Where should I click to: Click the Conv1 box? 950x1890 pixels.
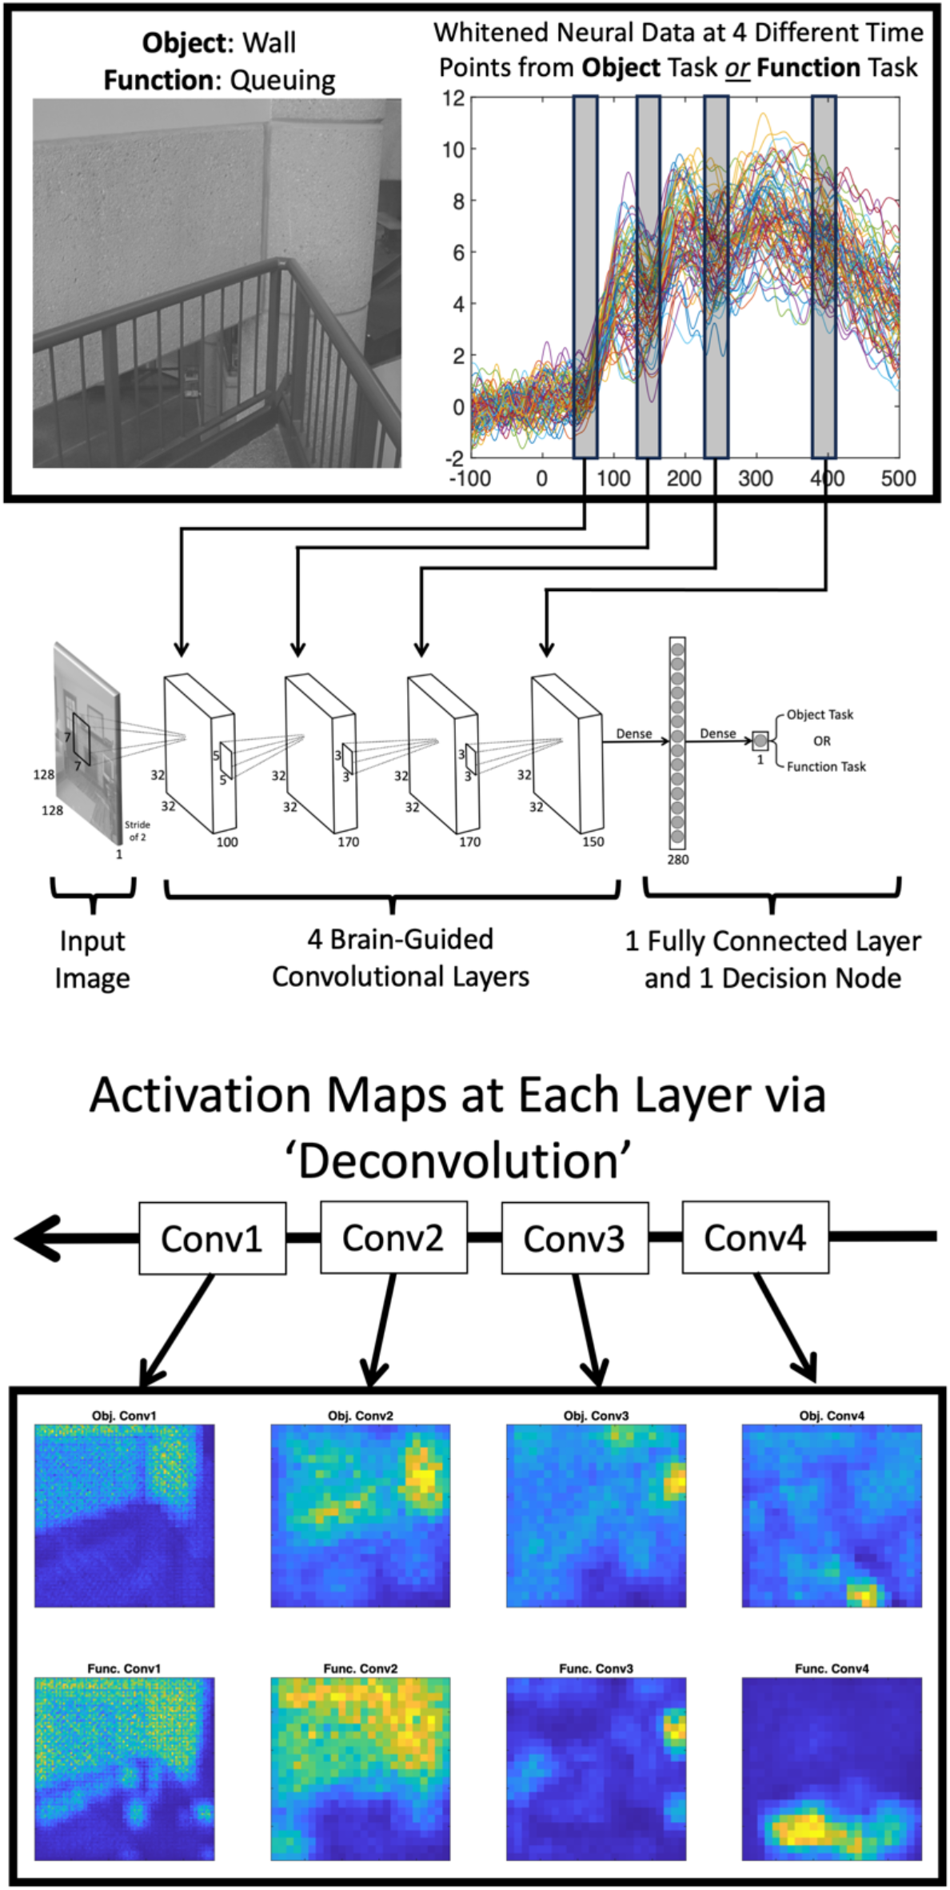click(212, 1238)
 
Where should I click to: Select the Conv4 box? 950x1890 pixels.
click(755, 1237)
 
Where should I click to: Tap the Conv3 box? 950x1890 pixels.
click(574, 1238)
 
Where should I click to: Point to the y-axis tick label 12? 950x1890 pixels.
click(453, 98)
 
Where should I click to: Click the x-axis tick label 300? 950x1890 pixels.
click(755, 478)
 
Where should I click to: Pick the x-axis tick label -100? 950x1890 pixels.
click(470, 478)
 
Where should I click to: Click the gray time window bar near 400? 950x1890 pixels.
click(824, 276)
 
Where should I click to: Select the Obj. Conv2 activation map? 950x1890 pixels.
click(360, 1515)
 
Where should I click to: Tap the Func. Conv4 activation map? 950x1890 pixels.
click(832, 1768)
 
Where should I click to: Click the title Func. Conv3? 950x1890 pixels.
click(596, 1668)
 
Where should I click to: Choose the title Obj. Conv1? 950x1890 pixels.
click(124, 1416)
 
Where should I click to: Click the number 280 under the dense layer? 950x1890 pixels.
click(677, 860)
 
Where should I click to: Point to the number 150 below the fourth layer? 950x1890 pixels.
click(593, 841)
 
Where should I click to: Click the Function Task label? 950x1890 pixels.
click(825, 766)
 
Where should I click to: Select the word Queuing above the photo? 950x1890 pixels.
click(282, 80)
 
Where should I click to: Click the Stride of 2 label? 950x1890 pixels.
click(137, 830)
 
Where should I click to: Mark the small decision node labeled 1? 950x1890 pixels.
click(760, 741)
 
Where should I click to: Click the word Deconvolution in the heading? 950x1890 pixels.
click(459, 1161)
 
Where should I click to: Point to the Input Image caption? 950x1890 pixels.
click(92, 959)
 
